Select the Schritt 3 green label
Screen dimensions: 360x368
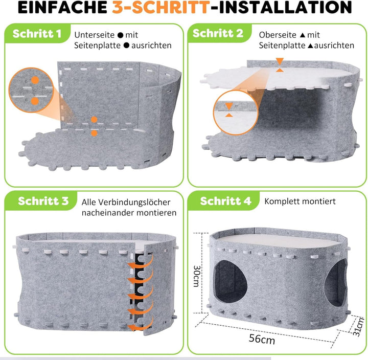tap(43, 201)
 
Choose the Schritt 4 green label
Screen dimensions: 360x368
tap(225, 201)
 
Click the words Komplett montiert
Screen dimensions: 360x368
tap(300, 201)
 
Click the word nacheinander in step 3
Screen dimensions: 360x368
tap(108, 213)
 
